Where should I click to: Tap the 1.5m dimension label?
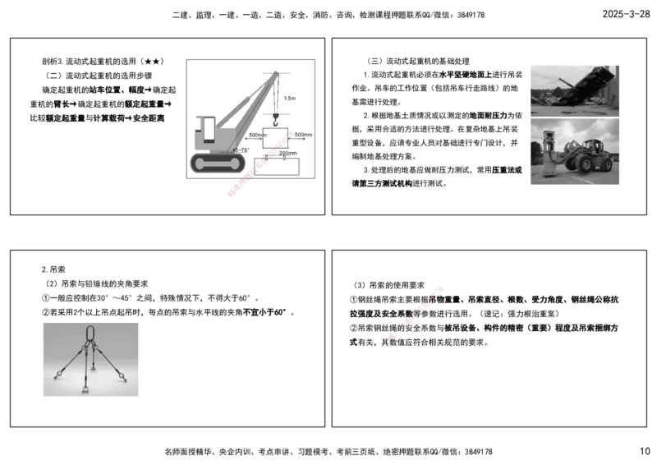[x=288, y=98]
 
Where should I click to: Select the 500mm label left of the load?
[x=256, y=135]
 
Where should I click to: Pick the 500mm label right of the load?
[x=302, y=135]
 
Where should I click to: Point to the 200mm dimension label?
[x=287, y=153]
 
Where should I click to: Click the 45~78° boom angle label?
[x=241, y=150]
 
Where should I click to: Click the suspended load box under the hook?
[x=274, y=137]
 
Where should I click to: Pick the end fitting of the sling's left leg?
[x=57, y=376]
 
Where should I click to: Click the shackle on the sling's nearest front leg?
[x=85, y=388]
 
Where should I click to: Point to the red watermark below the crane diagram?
[x=237, y=188]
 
